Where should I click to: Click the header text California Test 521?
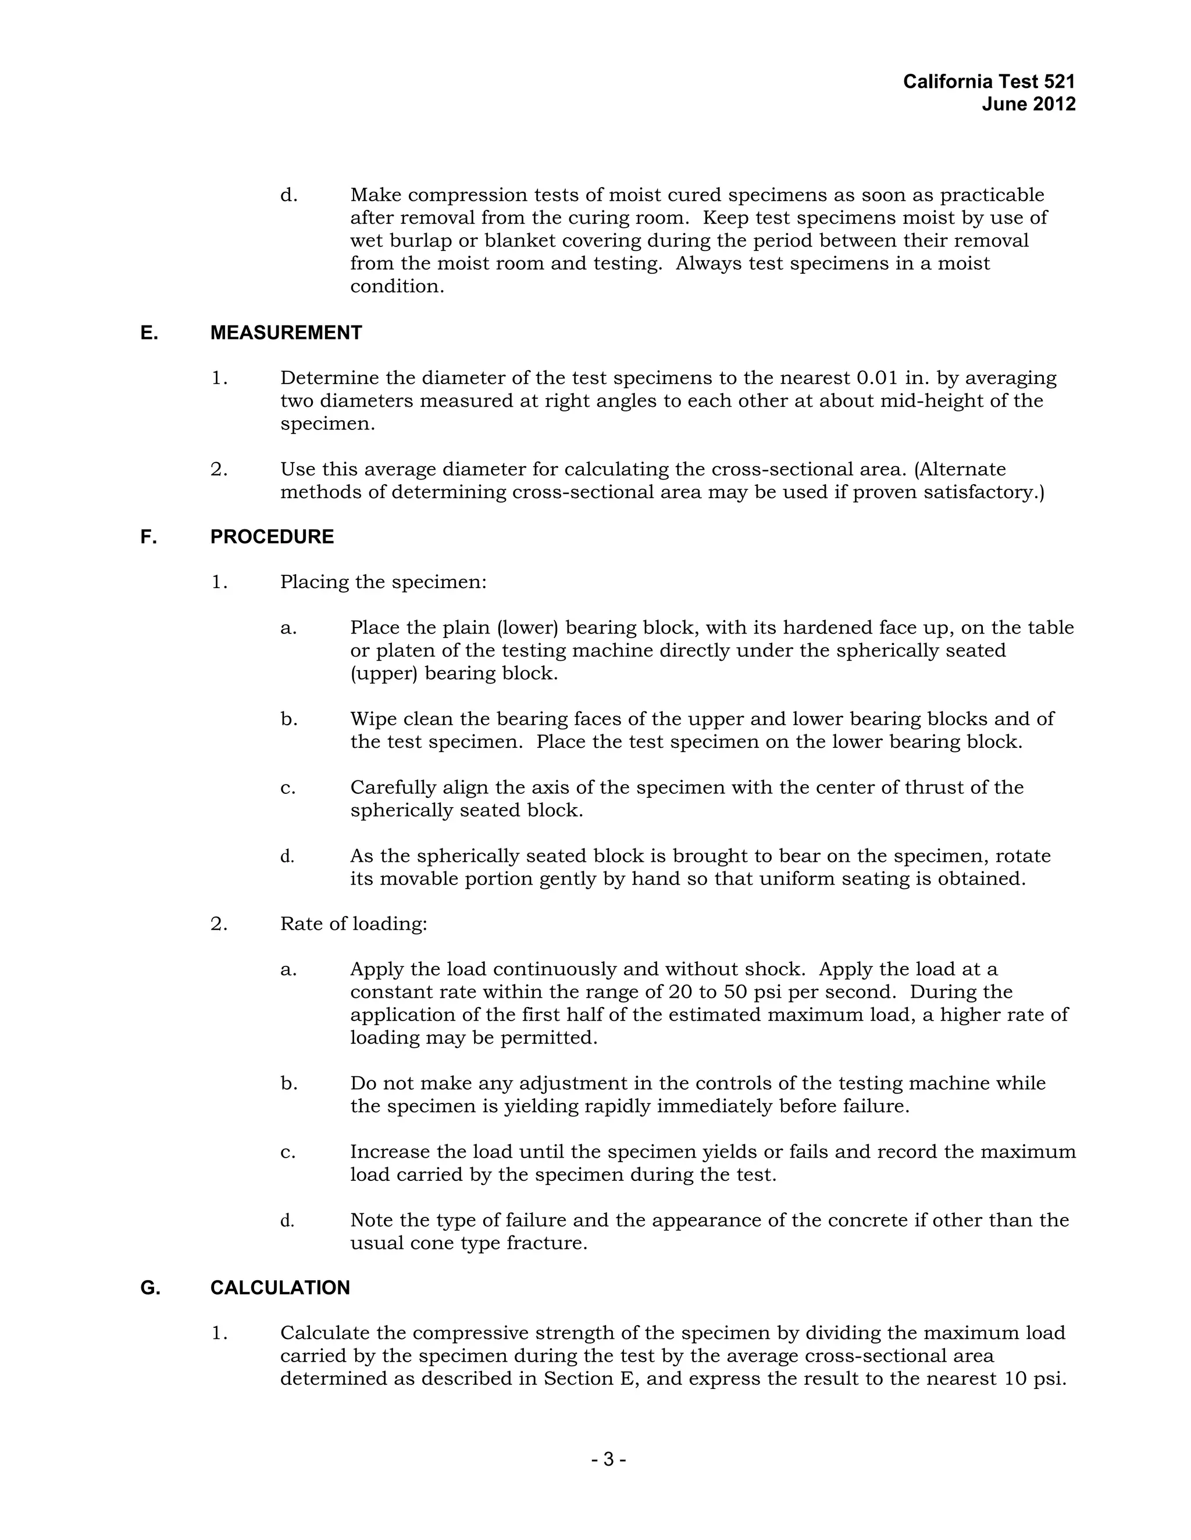click(x=989, y=82)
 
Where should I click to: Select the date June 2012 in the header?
click(x=1029, y=105)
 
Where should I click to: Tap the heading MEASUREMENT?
click(x=286, y=333)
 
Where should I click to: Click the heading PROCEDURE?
click(x=272, y=536)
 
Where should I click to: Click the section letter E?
click(x=148, y=333)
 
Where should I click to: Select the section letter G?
click(x=149, y=1288)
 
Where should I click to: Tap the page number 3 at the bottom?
click(x=609, y=1460)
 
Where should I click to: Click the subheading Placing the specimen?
click(x=383, y=582)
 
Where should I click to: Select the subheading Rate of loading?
click(x=354, y=924)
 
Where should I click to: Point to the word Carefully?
click(x=393, y=787)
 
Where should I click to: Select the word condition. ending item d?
click(x=397, y=286)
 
